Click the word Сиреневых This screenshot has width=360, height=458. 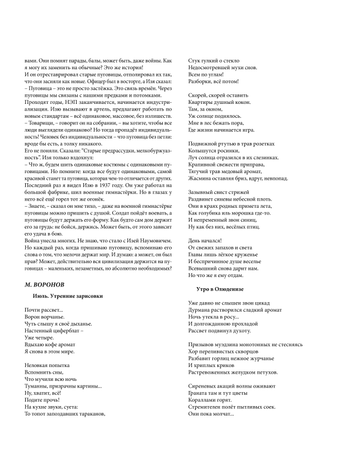(x=206, y=385)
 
